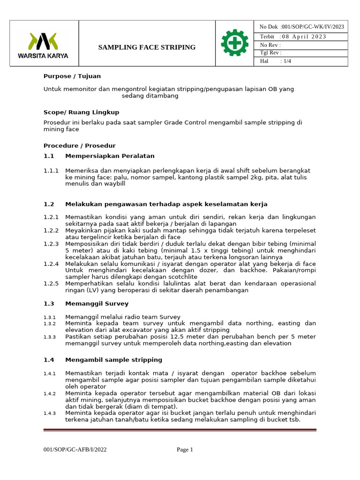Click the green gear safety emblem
234,43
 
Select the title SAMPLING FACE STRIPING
147,47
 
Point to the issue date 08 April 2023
304,37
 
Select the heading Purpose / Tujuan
72,76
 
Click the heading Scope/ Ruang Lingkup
81,112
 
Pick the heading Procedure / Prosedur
79,146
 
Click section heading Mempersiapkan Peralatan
110,156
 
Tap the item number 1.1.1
51,171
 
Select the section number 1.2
49,204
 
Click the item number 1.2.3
51,244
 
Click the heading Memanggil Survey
96,304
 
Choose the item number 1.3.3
50,337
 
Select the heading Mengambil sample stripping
113,360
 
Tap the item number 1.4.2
50,393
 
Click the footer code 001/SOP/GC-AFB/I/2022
75,450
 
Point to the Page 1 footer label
185,450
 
